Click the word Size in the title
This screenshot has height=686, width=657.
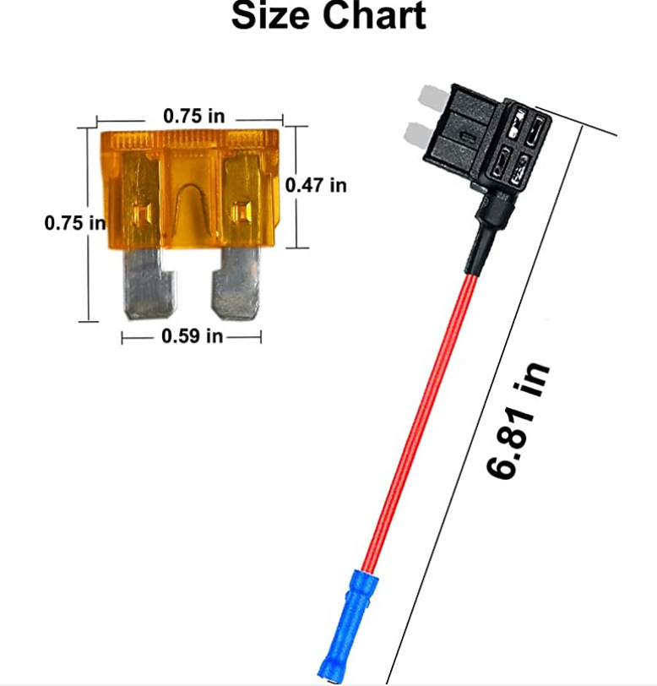271,16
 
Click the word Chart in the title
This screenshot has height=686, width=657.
374,16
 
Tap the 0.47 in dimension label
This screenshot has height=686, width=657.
316,185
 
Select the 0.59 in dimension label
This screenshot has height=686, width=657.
192,336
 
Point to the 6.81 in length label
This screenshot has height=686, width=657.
518,420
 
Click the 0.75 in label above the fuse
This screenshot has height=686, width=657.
193,116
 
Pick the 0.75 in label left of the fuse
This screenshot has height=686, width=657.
75,223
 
